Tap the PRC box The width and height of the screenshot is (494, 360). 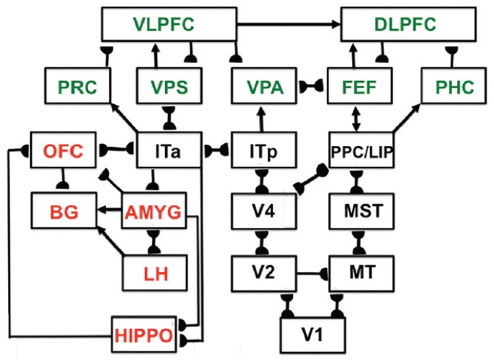(77, 87)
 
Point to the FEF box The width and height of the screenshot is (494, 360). (360, 87)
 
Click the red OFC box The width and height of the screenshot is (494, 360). (63, 150)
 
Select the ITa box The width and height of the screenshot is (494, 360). (169, 150)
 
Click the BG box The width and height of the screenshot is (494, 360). (63, 212)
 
